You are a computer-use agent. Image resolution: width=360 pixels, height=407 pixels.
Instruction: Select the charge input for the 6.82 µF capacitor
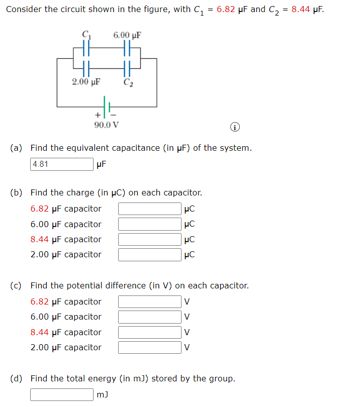[x=150, y=209]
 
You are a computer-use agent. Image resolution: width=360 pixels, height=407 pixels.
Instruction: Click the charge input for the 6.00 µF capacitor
[x=150, y=224]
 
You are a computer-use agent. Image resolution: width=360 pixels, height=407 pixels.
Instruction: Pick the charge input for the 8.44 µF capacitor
[x=150, y=239]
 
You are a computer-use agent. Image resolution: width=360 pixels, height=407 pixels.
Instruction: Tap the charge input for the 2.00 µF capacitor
[x=150, y=255]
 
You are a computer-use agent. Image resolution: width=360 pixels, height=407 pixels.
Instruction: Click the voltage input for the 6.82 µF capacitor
[x=150, y=301]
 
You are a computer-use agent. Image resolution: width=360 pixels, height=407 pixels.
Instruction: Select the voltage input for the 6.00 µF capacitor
[x=150, y=317]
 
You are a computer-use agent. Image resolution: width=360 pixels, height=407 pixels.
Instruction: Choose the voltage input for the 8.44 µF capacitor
[x=150, y=332]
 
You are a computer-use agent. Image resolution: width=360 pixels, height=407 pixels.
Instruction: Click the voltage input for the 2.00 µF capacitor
[x=150, y=348]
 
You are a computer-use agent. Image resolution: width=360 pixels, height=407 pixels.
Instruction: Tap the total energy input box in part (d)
[x=62, y=394]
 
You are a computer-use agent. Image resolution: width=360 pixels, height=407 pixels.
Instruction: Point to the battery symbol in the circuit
[x=107, y=106]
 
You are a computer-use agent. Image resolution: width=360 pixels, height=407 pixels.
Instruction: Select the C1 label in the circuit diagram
[x=86, y=35]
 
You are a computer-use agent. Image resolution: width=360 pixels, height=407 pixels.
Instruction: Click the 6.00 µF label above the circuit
[x=127, y=35]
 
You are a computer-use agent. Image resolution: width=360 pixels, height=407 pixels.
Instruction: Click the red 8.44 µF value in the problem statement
[x=305, y=9]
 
